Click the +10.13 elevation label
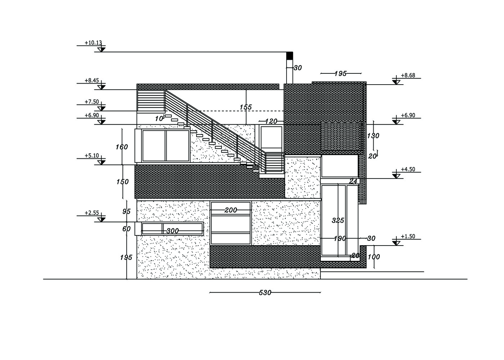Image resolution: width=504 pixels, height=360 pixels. click(x=93, y=43)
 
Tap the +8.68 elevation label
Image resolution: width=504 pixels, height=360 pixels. click(x=408, y=76)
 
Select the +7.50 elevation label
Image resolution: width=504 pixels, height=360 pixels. click(x=92, y=102)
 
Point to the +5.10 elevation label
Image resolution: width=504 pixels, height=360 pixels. click(x=92, y=156)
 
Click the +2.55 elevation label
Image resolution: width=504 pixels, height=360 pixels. click(x=92, y=213)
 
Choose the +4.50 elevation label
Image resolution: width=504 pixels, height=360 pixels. click(x=408, y=170)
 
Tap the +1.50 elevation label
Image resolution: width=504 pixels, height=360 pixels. click(x=408, y=237)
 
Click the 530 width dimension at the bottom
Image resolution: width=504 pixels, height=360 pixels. click(x=265, y=293)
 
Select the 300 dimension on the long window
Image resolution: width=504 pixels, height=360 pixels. click(x=173, y=231)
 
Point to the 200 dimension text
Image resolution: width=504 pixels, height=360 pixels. click(x=231, y=210)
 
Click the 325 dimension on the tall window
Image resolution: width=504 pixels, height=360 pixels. click(x=338, y=220)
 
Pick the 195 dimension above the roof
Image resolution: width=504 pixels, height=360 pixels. click(x=340, y=74)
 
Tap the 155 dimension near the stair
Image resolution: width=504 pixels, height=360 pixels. click(x=246, y=107)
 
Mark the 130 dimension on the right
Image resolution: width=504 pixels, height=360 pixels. click(x=373, y=136)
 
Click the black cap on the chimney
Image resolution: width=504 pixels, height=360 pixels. click(x=289, y=55)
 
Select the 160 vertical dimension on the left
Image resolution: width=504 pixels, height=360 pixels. click(x=122, y=147)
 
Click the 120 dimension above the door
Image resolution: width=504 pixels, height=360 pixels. click(x=271, y=122)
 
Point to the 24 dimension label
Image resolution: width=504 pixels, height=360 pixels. click(x=353, y=181)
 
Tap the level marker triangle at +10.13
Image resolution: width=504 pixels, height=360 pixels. click(x=101, y=49)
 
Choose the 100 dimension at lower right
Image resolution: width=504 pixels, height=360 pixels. click(x=374, y=257)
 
